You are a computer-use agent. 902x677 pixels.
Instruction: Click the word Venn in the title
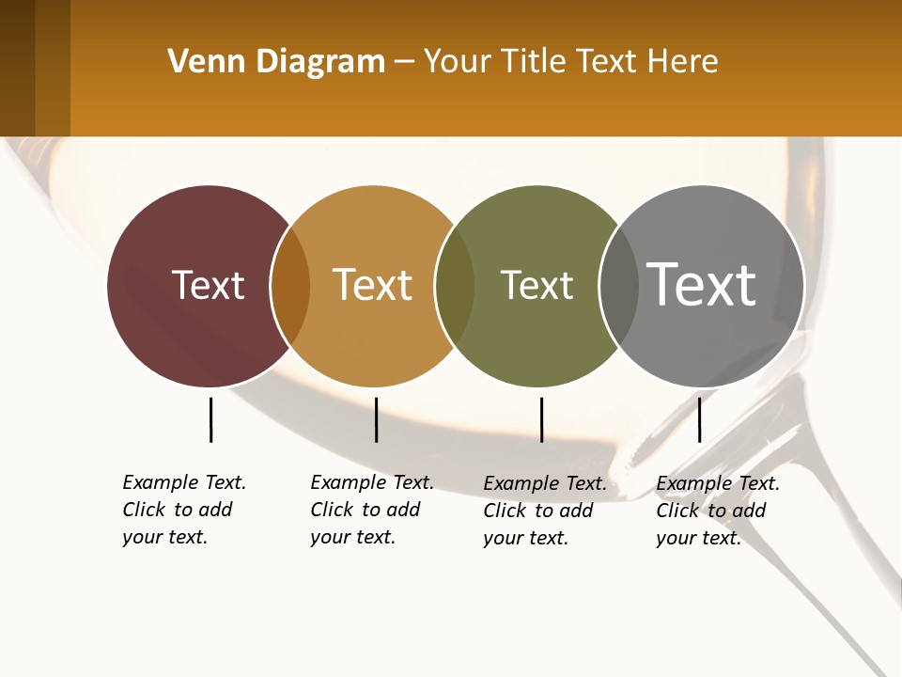pyautogui.click(x=198, y=62)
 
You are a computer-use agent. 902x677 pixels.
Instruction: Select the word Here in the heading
pyautogui.click(x=684, y=62)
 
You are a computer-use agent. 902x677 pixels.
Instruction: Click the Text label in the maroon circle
pyautogui.click(x=208, y=285)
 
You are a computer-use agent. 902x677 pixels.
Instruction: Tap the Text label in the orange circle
pyautogui.click(x=373, y=285)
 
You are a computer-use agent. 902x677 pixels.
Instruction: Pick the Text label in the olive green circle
pyautogui.click(x=537, y=285)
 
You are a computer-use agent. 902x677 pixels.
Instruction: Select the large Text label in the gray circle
pyautogui.click(x=702, y=284)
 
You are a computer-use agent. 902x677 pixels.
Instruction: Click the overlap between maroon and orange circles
pyautogui.click(x=291, y=286)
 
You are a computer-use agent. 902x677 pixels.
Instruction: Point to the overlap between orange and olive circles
pyautogui.click(x=455, y=286)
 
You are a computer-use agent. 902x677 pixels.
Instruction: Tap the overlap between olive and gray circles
pyautogui.click(x=618, y=286)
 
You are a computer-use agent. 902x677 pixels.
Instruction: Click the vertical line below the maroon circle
pyautogui.click(x=210, y=419)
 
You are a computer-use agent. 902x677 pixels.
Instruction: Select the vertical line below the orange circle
pyautogui.click(x=376, y=419)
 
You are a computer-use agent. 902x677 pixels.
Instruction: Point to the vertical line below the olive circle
pyautogui.click(x=541, y=419)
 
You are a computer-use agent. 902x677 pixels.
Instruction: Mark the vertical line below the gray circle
pyautogui.click(x=699, y=419)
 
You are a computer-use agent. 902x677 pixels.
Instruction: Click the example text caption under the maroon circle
pyautogui.click(x=183, y=510)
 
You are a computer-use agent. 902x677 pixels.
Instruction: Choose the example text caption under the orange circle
pyautogui.click(x=371, y=510)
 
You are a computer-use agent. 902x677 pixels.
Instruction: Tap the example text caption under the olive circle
pyautogui.click(x=544, y=511)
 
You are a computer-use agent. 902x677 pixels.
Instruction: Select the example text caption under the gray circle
pyautogui.click(x=717, y=511)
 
